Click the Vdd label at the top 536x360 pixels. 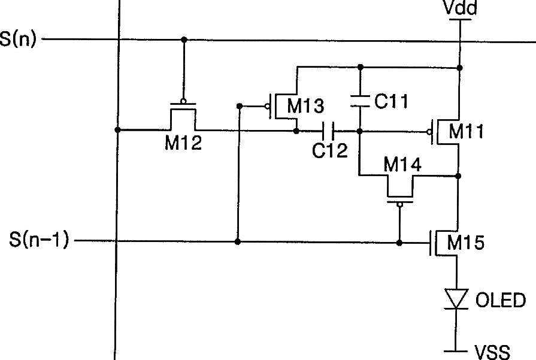[x=459, y=8]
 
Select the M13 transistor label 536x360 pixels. [x=305, y=106]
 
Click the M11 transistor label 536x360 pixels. [x=467, y=131]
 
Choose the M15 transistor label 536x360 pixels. [x=467, y=243]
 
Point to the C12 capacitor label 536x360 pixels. [x=329, y=150]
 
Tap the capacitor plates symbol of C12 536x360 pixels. [x=328, y=130]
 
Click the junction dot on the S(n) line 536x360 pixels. [x=184, y=40]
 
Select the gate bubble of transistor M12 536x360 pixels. [x=184, y=101]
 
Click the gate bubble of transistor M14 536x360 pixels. [x=399, y=204]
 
